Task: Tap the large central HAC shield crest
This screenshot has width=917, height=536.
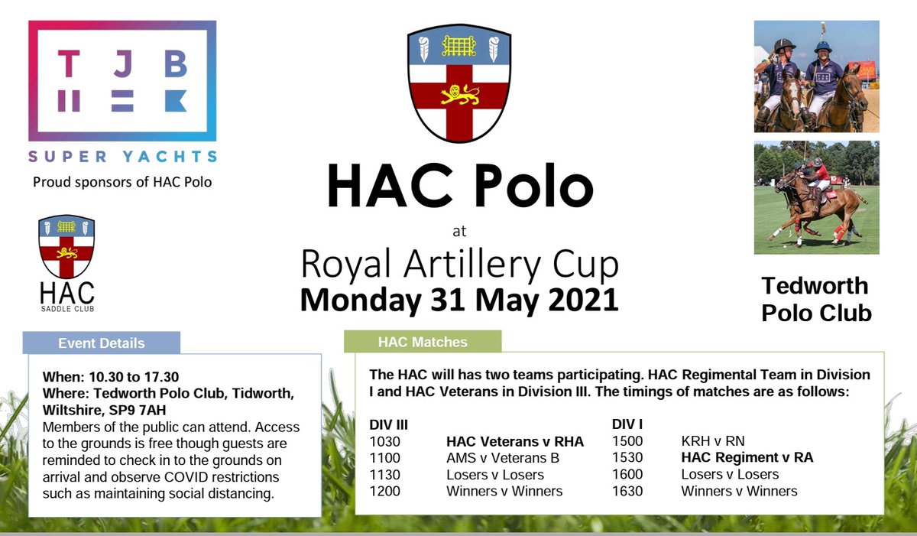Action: tap(458, 84)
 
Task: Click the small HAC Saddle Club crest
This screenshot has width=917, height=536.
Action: tap(66, 249)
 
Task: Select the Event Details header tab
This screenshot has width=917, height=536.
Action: tap(102, 343)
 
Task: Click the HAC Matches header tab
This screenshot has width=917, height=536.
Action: tap(423, 342)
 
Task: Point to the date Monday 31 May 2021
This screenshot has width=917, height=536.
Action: tap(458, 299)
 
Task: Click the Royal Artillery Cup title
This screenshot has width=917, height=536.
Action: tap(459, 264)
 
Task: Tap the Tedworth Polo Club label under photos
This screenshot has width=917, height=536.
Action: tap(816, 299)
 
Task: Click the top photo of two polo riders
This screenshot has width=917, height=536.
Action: tap(816, 76)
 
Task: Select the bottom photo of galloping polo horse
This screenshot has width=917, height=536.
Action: tap(816, 197)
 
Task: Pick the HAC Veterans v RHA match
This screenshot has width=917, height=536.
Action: tap(514, 441)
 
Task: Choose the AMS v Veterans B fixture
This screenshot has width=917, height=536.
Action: tap(503, 458)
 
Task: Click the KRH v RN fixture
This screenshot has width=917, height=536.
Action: tap(712, 441)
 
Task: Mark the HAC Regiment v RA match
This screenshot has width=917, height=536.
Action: tap(747, 458)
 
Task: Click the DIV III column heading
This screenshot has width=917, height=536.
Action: tap(387, 424)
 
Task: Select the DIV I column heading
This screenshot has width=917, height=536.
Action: tap(627, 424)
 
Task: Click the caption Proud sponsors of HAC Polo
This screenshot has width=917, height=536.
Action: tap(122, 182)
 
